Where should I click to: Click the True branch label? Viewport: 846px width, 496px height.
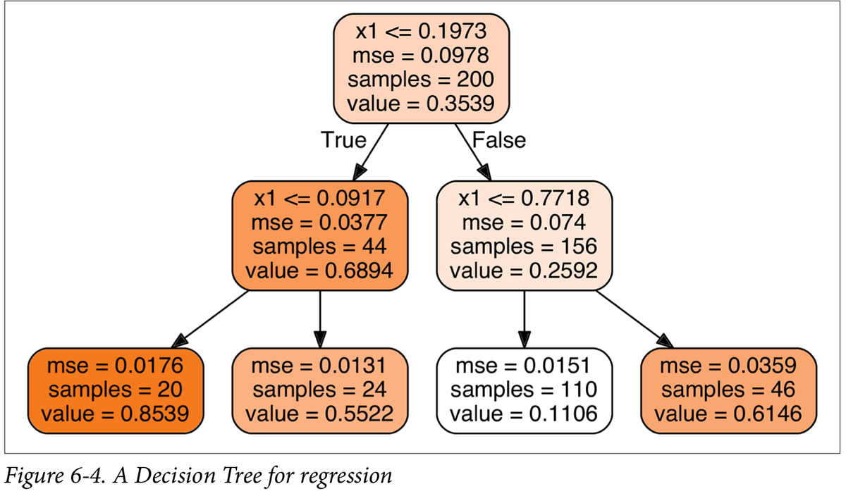point(343,139)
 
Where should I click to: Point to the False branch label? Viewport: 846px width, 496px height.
point(498,139)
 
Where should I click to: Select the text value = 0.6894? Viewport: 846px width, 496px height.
point(320,271)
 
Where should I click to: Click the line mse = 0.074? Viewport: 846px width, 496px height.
point(524,223)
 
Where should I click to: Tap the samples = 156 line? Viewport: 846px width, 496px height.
point(524,247)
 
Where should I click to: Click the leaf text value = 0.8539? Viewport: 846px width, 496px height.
point(115,413)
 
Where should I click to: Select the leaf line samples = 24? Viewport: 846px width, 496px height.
point(320,389)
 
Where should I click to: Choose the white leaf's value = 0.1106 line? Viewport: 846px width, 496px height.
point(524,413)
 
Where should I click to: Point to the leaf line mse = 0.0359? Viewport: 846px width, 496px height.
point(728,366)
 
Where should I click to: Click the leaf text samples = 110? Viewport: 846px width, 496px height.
point(524,389)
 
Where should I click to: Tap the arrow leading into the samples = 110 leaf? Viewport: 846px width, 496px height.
point(524,317)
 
